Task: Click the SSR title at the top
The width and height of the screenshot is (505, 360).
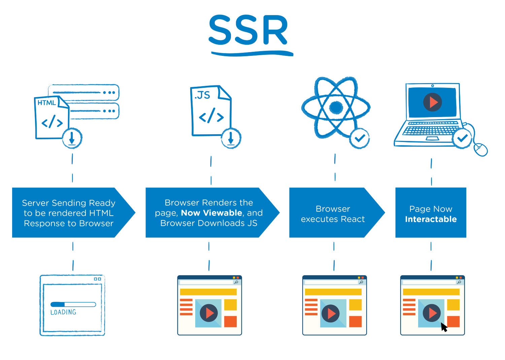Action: [248, 30]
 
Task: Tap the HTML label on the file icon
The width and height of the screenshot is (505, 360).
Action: [46, 103]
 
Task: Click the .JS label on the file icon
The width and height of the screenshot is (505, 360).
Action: [202, 95]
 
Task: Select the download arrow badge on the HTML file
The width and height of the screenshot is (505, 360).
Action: [72, 138]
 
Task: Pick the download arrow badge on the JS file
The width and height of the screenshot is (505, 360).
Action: [231, 138]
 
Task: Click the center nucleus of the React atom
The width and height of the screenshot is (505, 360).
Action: [336, 107]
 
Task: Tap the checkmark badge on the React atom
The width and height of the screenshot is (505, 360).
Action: [360, 138]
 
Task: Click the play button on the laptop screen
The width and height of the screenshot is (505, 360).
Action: [433, 102]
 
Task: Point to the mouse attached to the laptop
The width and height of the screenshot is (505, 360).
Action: [480, 149]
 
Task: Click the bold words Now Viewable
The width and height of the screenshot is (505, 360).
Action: [211, 213]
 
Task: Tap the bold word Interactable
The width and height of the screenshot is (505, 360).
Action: [431, 219]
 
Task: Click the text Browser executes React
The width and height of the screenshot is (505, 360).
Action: [333, 214]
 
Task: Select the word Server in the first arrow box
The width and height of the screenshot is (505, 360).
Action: [35, 203]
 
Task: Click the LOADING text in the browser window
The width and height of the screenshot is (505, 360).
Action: [63, 312]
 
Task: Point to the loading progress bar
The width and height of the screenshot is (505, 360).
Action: [73, 304]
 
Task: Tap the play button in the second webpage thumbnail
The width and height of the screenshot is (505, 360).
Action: [209, 313]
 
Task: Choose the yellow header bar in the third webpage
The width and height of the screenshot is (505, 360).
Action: [333, 292]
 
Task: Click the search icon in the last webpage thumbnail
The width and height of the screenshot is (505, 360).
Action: [459, 282]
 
